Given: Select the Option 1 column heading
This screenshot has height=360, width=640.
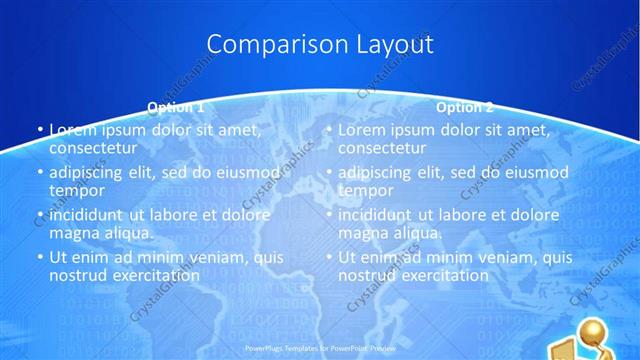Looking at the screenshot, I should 176,106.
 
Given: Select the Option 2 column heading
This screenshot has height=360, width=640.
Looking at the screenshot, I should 465,106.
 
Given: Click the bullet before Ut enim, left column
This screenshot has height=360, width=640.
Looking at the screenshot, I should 39,257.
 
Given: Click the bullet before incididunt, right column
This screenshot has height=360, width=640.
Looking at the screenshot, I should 328,214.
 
